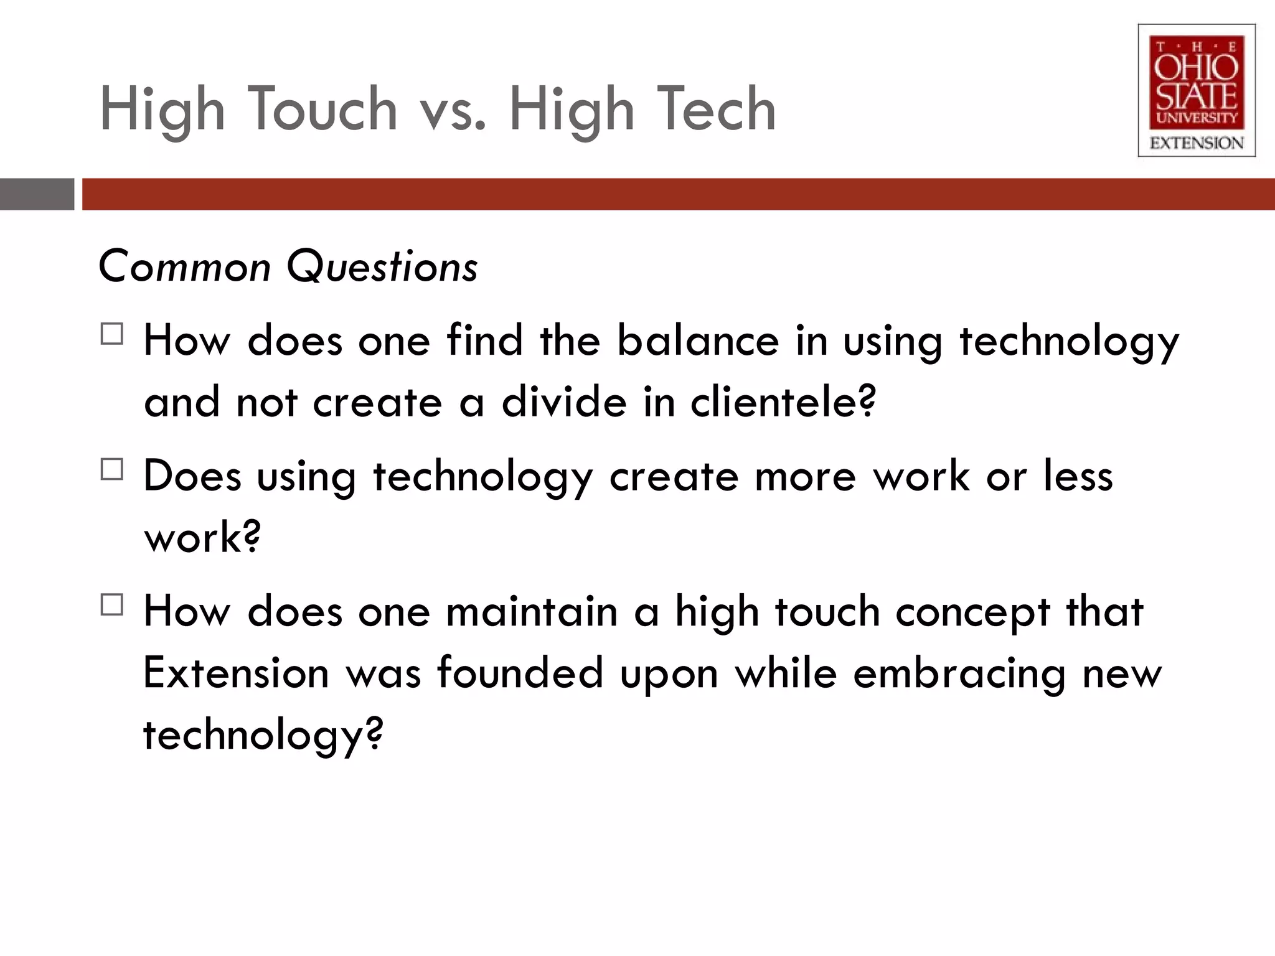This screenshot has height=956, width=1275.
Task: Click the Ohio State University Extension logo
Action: click(1196, 90)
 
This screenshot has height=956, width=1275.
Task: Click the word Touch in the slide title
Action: click(324, 110)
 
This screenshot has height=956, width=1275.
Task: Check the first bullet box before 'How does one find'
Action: click(111, 334)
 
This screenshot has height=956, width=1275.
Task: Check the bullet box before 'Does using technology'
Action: click(111, 469)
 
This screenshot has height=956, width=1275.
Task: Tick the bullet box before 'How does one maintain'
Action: click(111, 604)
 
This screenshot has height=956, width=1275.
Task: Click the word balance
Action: click(698, 341)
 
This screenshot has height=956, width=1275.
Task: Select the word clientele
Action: click(783, 402)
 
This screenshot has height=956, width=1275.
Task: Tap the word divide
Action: click(564, 402)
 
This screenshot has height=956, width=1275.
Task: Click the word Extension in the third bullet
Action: click(236, 673)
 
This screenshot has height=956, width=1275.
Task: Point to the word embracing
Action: click(959, 675)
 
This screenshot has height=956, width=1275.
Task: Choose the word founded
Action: click(520, 673)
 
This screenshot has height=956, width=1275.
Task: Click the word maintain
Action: click(532, 611)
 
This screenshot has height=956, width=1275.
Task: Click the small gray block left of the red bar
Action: click(37, 194)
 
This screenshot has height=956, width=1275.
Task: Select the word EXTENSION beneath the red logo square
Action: click(1196, 143)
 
